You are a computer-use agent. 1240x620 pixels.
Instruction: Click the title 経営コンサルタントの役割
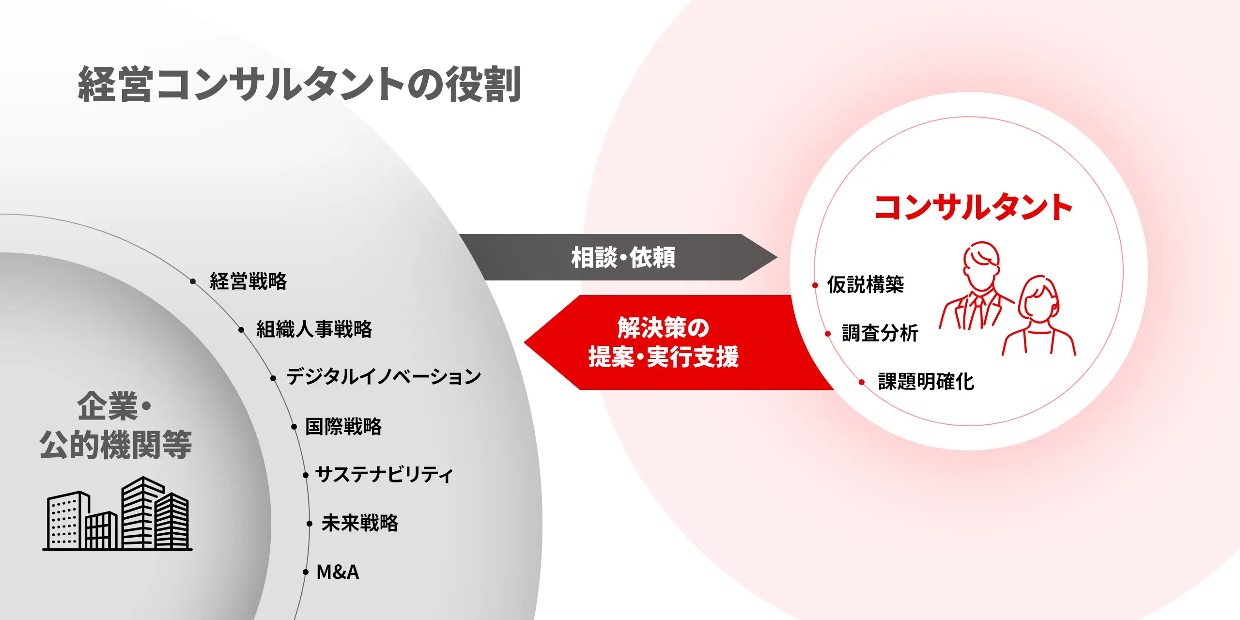tap(299, 84)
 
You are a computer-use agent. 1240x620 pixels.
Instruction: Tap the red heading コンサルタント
tap(973, 207)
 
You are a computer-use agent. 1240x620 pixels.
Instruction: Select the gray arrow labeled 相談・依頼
tap(618, 257)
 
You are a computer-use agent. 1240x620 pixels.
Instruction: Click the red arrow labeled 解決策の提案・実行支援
tap(678, 342)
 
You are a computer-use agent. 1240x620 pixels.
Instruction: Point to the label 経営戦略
tap(248, 281)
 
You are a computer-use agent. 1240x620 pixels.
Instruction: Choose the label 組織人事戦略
tap(314, 329)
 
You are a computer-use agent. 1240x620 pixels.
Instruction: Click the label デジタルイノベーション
tap(384, 377)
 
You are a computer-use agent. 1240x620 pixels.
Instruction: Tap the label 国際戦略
tap(343, 427)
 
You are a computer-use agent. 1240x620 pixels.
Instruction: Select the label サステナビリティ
tap(384, 474)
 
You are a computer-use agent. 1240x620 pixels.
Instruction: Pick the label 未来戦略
tap(360, 523)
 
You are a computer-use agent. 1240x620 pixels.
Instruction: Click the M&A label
tap(338, 572)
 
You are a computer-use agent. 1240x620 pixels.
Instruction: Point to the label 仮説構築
tap(866, 285)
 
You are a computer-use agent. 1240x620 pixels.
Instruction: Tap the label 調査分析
tap(880, 333)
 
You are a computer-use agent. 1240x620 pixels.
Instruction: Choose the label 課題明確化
tap(926, 382)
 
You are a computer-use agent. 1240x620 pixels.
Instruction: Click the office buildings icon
tap(117, 513)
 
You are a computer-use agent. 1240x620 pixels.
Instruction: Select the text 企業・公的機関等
tap(115, 425)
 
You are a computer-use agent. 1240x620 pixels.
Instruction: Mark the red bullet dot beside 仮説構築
tap(815, 285)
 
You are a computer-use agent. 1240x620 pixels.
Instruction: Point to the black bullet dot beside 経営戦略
tap(193, 281)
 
